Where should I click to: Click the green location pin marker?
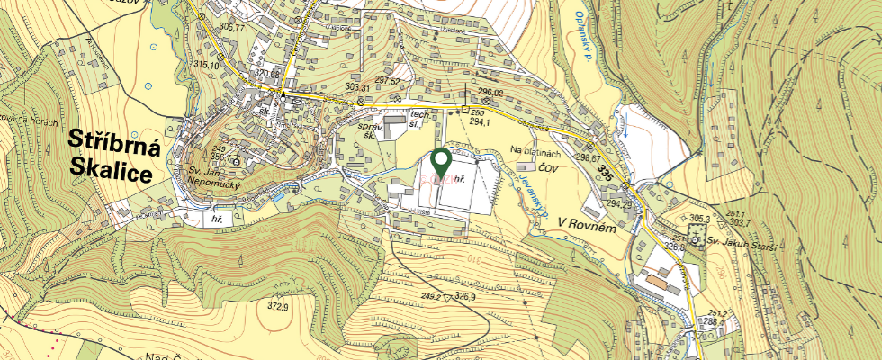[x=441, y=162]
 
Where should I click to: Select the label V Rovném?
[x=585, y=222]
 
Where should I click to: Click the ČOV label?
[x=550, y=166]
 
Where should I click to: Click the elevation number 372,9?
[x=278, y=307]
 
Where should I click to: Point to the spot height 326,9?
[x=464, y=296]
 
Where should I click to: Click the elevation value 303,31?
[x=358, y=87]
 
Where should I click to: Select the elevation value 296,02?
[x=490, y=92]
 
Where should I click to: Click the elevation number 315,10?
[x=206, y=65]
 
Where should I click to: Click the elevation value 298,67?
[x=588, y=158]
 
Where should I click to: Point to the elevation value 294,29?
[x=619, y=203]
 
